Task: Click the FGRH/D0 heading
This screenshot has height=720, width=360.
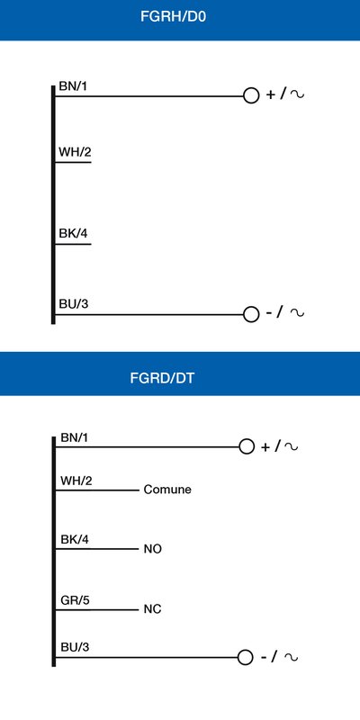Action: tap(175, 16)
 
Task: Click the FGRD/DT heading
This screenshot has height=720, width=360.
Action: tap(163, 378)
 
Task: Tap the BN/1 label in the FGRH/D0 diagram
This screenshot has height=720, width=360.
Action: tap(73, 85)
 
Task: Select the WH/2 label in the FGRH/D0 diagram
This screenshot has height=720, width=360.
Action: tap(75, 151)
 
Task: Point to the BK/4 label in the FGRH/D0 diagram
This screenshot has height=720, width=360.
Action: tap(73, 233)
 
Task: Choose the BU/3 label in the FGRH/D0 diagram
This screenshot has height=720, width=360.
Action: tap(74, 304)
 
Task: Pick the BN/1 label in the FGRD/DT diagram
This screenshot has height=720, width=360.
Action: tap(74, 437)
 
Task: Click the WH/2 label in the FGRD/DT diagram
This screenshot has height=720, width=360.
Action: tap(76, 481)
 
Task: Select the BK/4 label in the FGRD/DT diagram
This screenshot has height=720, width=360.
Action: tap(75, 539)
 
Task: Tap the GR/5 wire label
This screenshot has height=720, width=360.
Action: tap(75, 600)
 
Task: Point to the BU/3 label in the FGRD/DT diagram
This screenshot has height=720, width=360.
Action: tap(75, 647)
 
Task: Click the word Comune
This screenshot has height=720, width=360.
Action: tap(167, 490)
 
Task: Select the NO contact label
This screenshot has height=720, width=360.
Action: tap(152, 549)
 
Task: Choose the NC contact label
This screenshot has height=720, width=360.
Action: tap(152, 610)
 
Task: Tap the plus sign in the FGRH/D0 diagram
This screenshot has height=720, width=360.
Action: tap(271, 95)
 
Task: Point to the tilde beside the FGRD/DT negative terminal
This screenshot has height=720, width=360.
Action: tap(291, 657)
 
